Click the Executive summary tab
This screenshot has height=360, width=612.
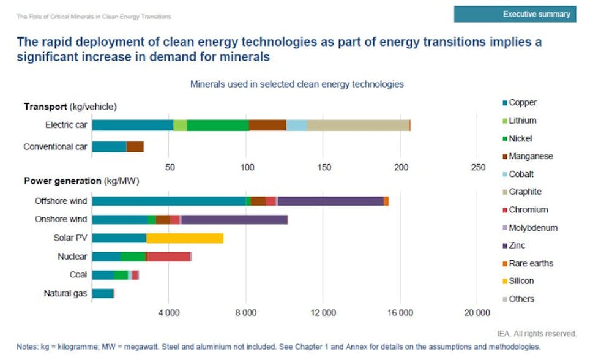514,13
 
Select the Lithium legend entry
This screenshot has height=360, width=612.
522,121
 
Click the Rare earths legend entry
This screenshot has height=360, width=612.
530,263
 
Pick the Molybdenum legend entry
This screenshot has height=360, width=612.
532,228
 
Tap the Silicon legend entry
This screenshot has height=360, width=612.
521,281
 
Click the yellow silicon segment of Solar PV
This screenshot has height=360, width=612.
185,238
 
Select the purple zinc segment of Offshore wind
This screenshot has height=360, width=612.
330,201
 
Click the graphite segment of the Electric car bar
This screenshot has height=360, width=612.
357,125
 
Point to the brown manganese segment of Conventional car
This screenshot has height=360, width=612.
135,146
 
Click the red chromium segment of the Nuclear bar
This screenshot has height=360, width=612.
169,257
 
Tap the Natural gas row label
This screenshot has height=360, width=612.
65,293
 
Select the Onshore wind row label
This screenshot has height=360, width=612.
62,219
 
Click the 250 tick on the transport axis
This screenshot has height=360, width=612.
478,167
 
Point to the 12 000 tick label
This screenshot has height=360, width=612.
323,313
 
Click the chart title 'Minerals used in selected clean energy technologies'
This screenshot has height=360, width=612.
297,84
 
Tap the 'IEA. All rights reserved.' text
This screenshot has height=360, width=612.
537,334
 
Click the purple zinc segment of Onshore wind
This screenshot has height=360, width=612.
234,219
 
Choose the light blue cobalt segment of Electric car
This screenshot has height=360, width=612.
296,125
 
